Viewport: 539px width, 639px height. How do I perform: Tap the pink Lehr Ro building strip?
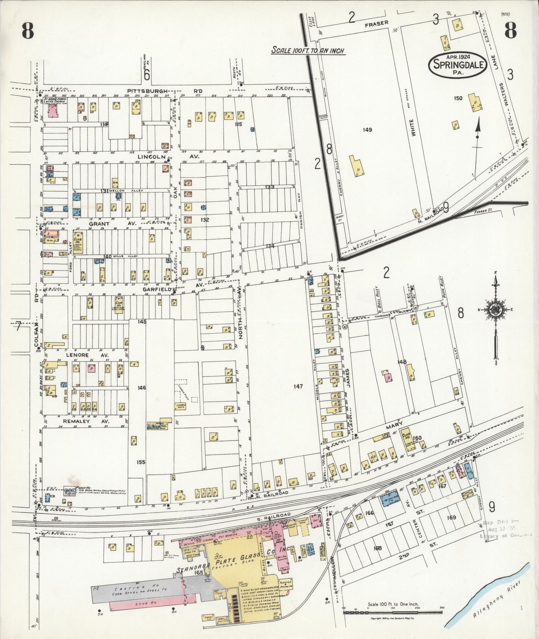[144, 602]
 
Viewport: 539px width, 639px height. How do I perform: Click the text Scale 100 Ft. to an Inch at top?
[307, 51]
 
